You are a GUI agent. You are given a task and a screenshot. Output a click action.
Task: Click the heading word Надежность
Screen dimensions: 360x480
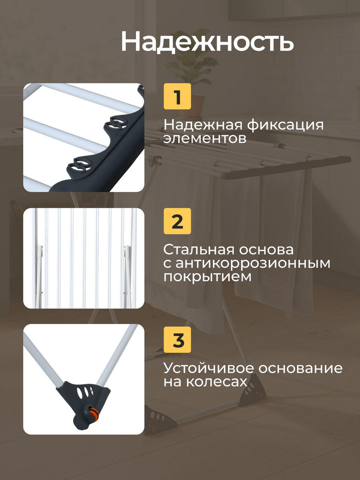pyautogui.click(x=207, y=41)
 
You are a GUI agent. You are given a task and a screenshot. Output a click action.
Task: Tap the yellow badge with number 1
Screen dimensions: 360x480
pyautogui.click(x=177, y=96)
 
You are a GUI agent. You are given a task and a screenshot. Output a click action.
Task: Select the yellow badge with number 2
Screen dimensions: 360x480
pyautogui.click(x=177, y=221)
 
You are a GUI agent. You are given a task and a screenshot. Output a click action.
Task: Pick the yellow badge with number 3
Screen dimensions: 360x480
pyautogui.click(x=177, y=340)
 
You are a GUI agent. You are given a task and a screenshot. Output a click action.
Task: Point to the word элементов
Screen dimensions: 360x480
pyautogui.click(x=205, y=138)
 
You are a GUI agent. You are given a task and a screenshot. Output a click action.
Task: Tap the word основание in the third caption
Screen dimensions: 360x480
pyautogui.click(x=300, y=369)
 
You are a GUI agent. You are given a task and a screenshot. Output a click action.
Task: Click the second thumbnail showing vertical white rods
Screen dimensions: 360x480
pyautogui.click(x=84, y=258)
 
